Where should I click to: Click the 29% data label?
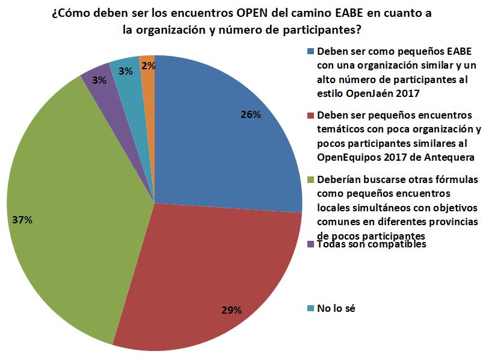pyautogui.click(x=232, y=310)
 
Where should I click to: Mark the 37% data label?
pyautogui.click(x=22, y=220)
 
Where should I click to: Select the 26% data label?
pyautogui.click(x=250, y=114)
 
